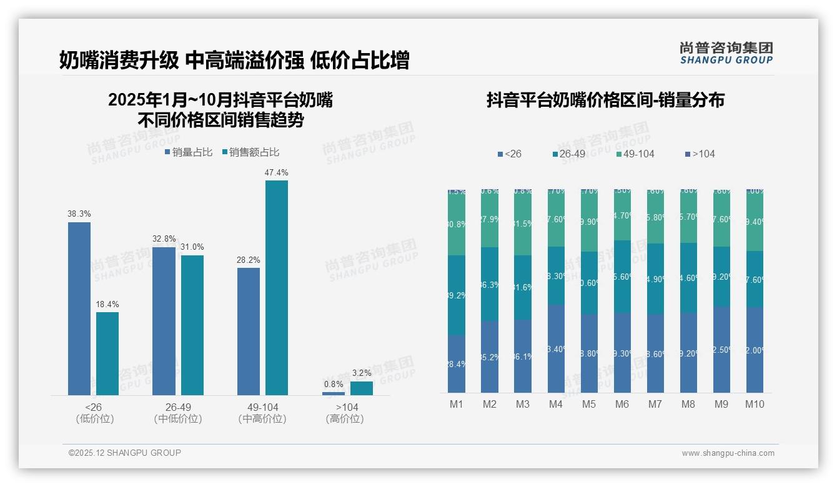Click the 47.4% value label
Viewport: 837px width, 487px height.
[276, 172]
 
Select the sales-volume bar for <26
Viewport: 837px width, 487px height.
[79, 308]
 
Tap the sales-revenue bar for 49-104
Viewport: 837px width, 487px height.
[277, 287]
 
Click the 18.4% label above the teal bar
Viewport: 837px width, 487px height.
[107, 304]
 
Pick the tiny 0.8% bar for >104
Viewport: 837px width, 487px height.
[334, 393]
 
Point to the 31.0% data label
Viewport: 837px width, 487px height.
[192, 247]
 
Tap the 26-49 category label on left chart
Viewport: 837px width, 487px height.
[178, 407]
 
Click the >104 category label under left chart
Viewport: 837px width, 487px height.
[344, 407]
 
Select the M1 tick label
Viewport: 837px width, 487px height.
[457, 404]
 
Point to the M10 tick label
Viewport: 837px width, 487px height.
[755, 404]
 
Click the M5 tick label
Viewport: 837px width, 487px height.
[589, 404]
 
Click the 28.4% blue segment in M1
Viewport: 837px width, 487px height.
[457, 364]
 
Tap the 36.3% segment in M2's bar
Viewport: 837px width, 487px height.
[490, 285]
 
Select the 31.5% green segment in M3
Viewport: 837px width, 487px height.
[523, 224]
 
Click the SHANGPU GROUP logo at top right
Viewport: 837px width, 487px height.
[726, 53]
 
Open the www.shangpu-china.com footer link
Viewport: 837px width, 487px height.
[728, 453]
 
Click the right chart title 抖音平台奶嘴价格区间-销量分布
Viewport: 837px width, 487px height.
[605, 101]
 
